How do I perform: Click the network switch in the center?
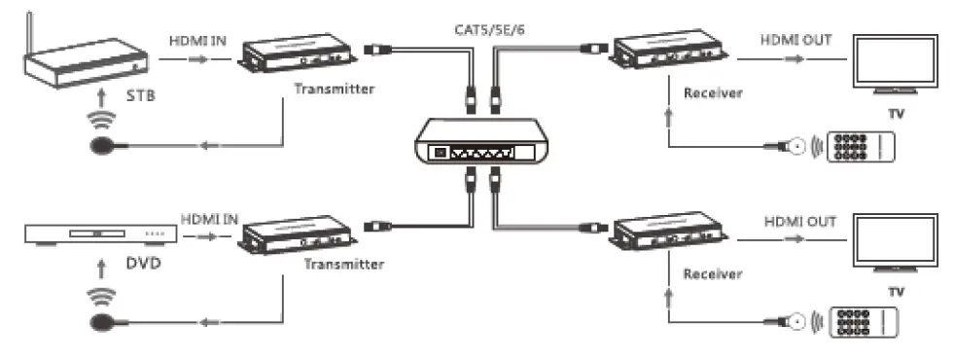(x=477, y=143)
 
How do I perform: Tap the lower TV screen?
(x=895, y=242)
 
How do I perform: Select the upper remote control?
(x=861, y=147)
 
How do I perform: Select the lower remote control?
(x=861, y=322)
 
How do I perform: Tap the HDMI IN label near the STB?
(x=197, y=40)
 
